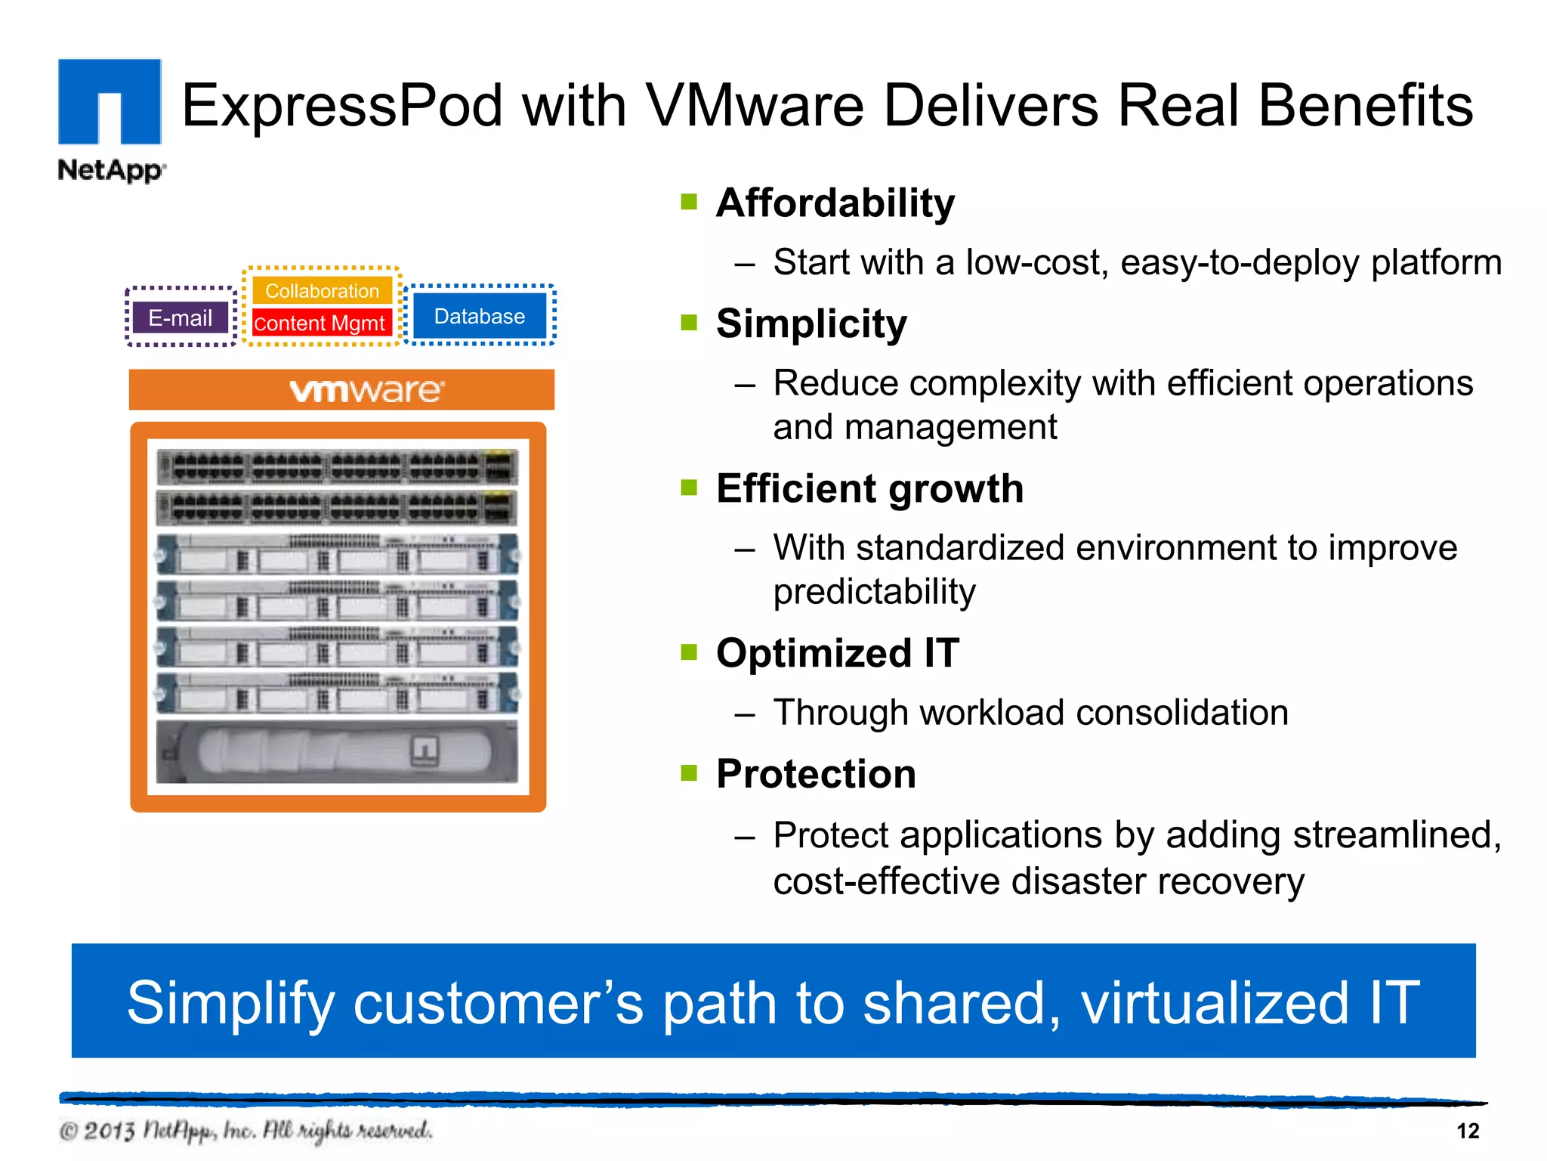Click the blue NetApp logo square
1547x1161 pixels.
[x=110, y=101]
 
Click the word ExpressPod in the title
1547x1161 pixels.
[x=341, y=105]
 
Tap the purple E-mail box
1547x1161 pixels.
[x=180, y=317]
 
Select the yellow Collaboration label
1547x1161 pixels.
[x=322, y=291]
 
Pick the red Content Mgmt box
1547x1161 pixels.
[x=320, y=324]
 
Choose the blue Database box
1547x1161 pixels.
[x=479, y=316]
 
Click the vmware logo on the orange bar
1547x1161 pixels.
[x=367, y=391]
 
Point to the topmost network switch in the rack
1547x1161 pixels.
[x=337, y=466]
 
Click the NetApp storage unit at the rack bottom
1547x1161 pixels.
[x=337, y=752]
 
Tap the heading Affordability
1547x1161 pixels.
[x=835, y=203]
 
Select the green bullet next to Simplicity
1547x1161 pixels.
[x=688, y=324]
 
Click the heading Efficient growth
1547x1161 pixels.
[x=869, y=488]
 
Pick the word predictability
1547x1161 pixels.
[x=874, y=591]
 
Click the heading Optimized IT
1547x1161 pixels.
[x=837, y=653]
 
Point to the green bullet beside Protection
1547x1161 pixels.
[x=688, y=773]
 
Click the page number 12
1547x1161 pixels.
[x=1467, y=1131]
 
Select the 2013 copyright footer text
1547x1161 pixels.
[x=245, y=1131]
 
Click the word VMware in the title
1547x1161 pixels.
[x=755, y=105]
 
